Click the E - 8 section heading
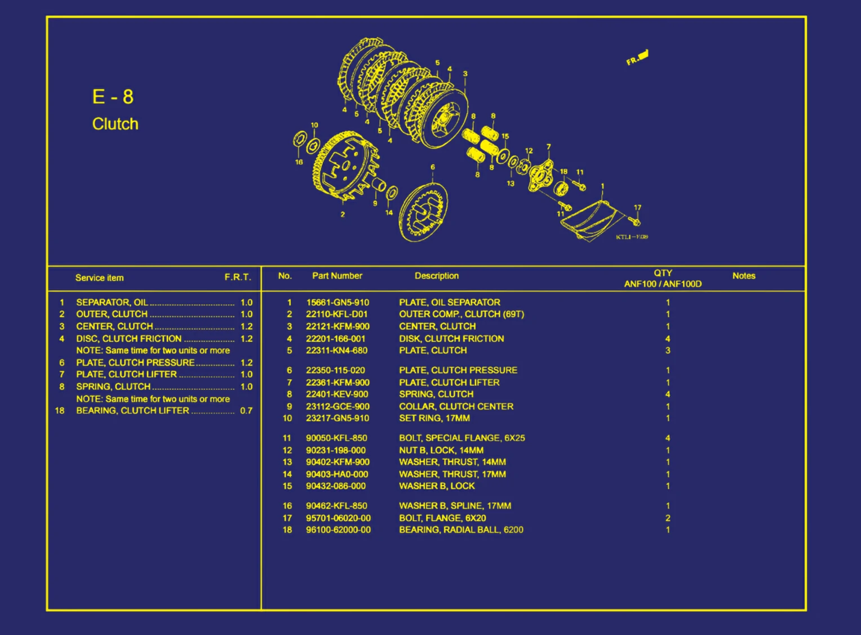click(113, 96)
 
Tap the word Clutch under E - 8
click(115, 124)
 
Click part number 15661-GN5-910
click(338, 303)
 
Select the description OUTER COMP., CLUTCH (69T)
click(461, 314)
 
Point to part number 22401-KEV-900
click(337, 394)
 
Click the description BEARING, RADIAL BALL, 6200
click(461, 530)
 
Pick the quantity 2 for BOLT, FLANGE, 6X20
click(668, 518)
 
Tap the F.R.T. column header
click(238, 277)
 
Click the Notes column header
click(744, 276)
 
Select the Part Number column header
click(337, 276)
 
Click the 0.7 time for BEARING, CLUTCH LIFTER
click(246, 411)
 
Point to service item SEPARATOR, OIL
click(112, 303)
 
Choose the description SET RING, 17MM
click(434, 418)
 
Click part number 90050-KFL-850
click(336, 438)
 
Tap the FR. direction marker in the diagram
click(637, 57)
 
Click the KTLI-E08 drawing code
click(632, 237)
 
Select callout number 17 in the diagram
click(638, 207)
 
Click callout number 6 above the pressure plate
click(433, 167)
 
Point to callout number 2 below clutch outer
click(343, 215)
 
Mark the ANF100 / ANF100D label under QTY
click(663, 284)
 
